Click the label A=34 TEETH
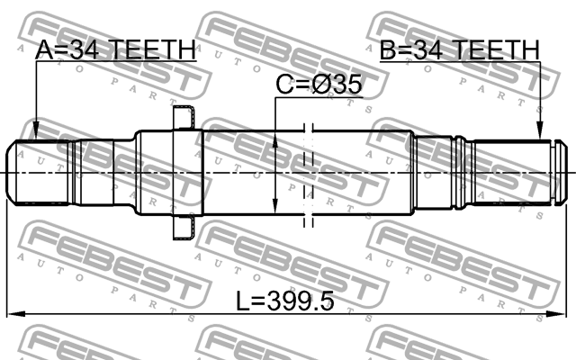point(113,50)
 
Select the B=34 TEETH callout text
point(459,50)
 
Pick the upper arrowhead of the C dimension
point(274,138)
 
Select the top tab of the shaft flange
point(184,116)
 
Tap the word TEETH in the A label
point(151,50)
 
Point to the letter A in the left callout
point(42,50)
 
